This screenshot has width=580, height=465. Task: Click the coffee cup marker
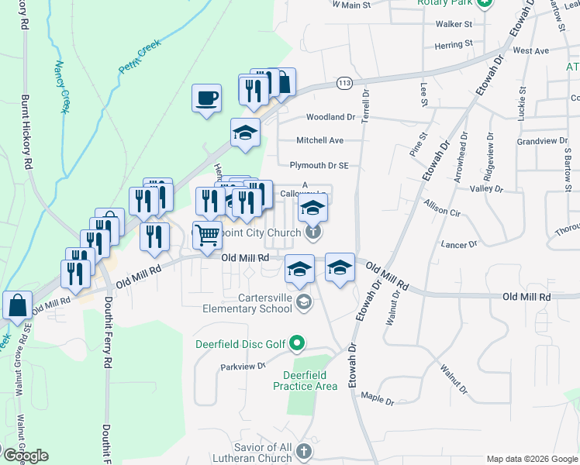205,98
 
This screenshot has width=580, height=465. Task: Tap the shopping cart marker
207,234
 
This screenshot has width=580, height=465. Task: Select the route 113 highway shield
345,81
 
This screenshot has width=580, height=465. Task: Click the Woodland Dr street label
330,117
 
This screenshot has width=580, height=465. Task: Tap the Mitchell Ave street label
319,140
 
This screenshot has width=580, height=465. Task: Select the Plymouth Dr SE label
319,165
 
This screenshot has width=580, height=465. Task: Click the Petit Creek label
139,60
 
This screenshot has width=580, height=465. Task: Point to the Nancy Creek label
61,88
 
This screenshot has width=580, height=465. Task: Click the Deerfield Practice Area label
305,381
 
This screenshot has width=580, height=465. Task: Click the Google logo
25,456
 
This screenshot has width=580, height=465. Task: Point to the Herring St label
454,46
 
